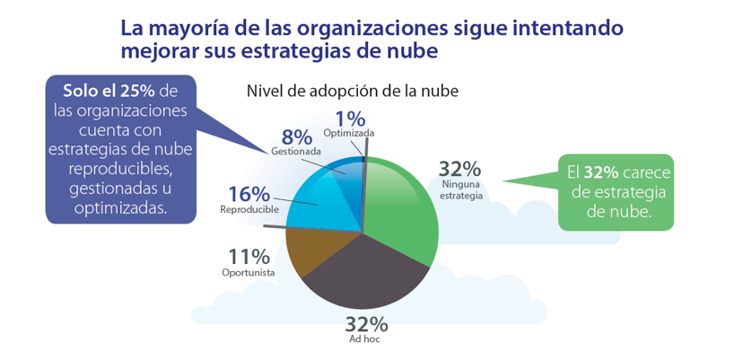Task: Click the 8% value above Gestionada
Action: [x=296, y=137]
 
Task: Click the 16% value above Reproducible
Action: [x=249, y=194]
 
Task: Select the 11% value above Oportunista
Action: [x=249, y=256]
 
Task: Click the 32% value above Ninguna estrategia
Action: [x=459, y=169]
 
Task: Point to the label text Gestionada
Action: [x=296, y=152]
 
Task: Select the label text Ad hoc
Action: [x=366, y=340]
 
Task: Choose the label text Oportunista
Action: [x=248, y=272]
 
